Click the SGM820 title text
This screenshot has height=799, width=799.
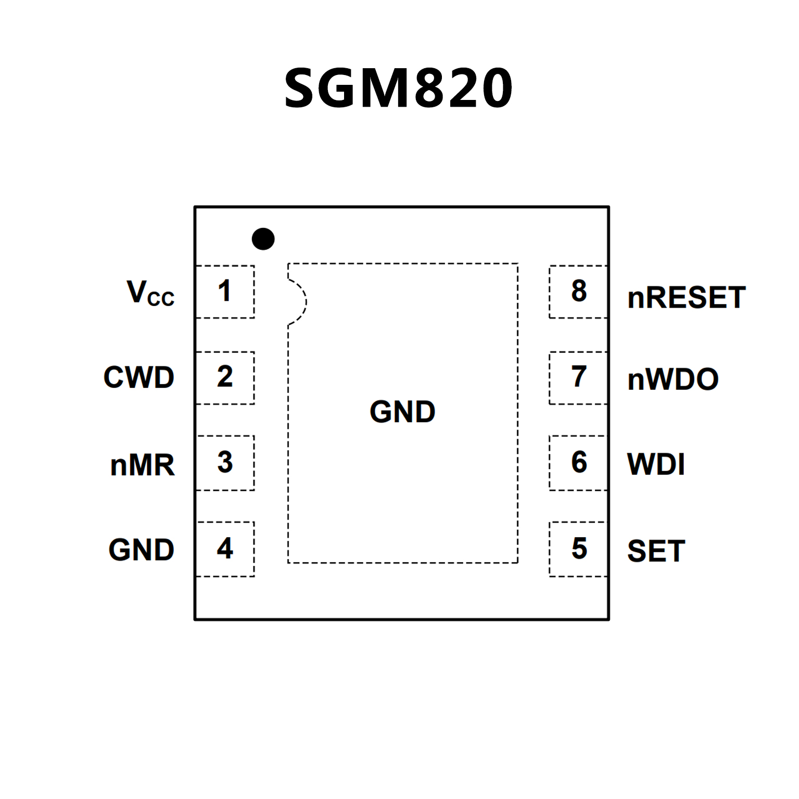399,88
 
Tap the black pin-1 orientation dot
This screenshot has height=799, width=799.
263,239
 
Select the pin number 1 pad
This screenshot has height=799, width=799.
225,291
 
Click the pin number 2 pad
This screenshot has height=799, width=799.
225,377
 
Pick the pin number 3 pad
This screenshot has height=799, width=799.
225,463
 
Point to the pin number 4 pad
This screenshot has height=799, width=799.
225,549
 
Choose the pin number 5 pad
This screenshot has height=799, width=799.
578,549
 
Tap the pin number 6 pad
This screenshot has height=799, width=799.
578,463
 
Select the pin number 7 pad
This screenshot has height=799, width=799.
578,377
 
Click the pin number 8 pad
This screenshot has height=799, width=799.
578,291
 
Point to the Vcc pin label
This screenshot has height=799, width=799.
150,293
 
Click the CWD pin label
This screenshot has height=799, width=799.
139,377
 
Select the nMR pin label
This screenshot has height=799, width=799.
142,465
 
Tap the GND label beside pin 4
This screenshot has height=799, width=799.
141,550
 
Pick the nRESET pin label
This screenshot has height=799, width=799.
686,298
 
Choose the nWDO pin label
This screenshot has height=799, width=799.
673,379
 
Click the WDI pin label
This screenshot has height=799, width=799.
656,464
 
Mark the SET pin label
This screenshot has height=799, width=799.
656,551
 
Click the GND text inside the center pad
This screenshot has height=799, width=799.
402,412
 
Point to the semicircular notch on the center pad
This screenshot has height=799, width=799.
298,302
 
